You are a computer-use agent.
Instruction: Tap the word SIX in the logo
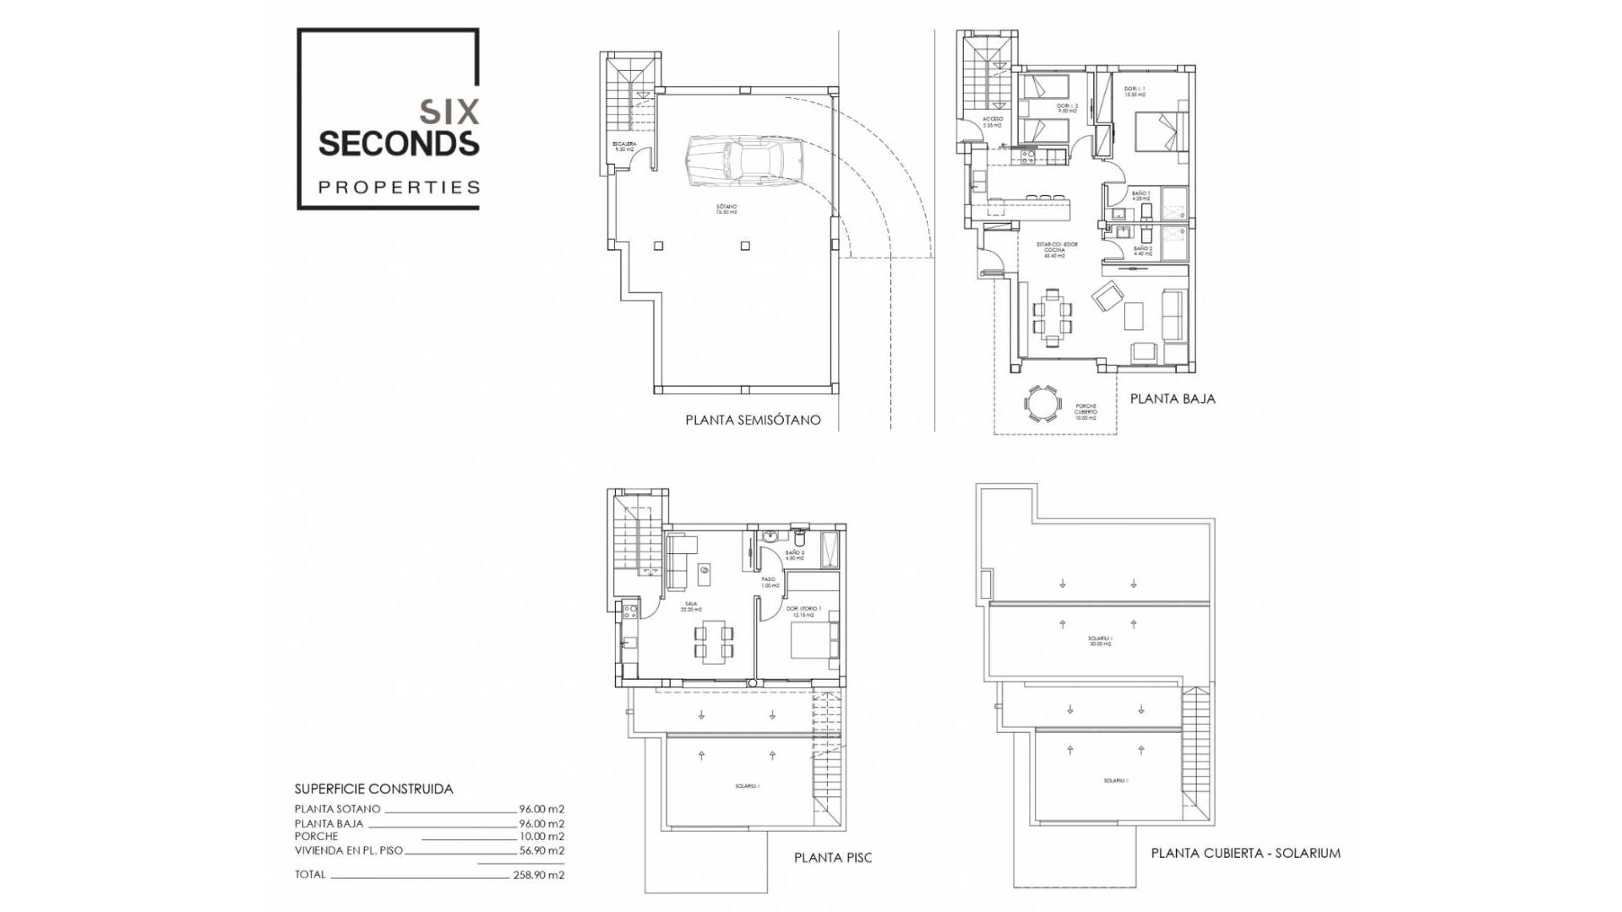(449, 111)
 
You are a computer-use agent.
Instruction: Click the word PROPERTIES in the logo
(399, 187)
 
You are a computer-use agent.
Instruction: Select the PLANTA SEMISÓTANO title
(753, 420)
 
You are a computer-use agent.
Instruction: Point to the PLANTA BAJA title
(1173, 399)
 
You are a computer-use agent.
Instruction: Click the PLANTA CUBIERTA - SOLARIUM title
(1245, 853)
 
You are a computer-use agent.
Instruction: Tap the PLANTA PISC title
(832, 857)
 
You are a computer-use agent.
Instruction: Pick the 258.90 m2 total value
(539, 875)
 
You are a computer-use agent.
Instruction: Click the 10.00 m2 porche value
(542, 836)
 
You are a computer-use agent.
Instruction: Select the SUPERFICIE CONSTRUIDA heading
(373, 789)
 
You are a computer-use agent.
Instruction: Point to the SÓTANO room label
(727, 209)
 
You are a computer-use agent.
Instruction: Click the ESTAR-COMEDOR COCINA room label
(1056, 250)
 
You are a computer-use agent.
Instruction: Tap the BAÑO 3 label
(794, 555)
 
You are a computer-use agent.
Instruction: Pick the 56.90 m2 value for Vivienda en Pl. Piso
(542, 850)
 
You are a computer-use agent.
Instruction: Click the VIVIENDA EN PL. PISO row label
(349, 850)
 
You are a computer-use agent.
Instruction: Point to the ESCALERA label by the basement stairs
(624, 146)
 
